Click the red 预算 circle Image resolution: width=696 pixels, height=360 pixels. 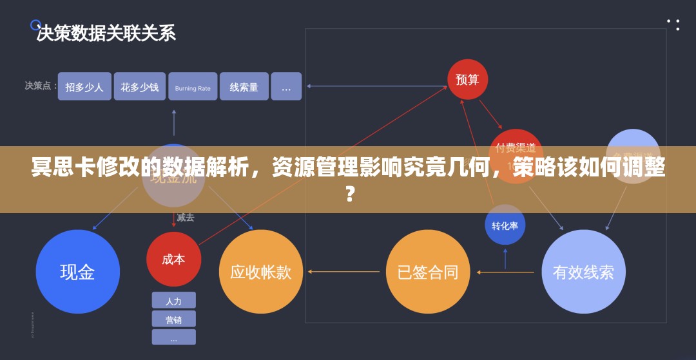[467, 79]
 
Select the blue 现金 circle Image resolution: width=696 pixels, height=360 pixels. [77, 272]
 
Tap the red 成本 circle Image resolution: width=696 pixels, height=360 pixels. [173, 259]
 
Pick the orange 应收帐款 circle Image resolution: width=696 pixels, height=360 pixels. [260, 272]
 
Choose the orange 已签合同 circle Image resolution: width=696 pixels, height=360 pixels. [428, 272]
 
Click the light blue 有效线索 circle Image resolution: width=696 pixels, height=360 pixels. [583, 272]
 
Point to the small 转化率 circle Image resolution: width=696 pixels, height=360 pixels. [505, 225]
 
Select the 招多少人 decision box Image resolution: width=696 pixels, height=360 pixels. [84, 86]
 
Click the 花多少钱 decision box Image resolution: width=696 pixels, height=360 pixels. [139, 86]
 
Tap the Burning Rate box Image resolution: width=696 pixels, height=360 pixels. [193, 87]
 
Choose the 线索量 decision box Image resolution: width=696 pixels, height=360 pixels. [244, 86]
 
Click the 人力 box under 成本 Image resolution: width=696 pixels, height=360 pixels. [173, 301]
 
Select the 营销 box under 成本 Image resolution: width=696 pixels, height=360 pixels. [173, 319]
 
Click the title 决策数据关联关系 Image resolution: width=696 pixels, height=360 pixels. [106, 33]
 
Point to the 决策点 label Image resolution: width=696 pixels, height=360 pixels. [37, 85]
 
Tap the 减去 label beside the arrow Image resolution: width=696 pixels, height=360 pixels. [186, 218]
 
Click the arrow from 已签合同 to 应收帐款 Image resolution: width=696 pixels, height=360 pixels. [344, 272]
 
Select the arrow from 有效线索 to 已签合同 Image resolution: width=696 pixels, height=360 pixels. [505, 272]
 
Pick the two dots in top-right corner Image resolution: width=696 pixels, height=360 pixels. [673, 24]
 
